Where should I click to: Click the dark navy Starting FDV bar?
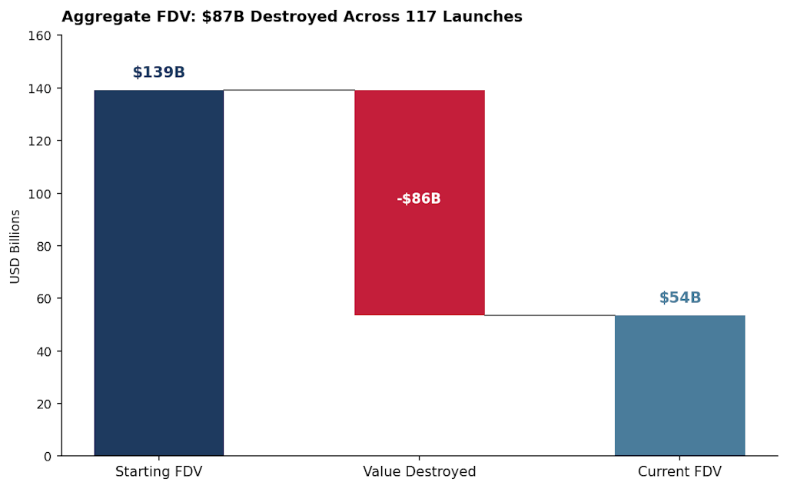pyautogui.click(x=158, y=273)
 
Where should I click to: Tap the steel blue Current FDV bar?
pyautogui.click(x=679, y=385)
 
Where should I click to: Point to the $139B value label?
pyautogui.click(x=158, y=72)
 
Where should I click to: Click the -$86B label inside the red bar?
pyautogui.click(x=419, y=199)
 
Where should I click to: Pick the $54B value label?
pyautogui.click(x=679, y=298)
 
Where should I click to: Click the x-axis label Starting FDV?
pyautogui.click(x=158, y=472)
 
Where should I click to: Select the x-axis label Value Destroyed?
pyautogui.click(x=420, y=472)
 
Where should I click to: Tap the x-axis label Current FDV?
pyautogui.click(x=679, y=472)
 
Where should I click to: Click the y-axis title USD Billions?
pyautogui.click(x=15, y=246)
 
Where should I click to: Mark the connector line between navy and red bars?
pyautogui.click(x=289, y=90)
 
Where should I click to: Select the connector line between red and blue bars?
pyautogui.click(x=550, y=315)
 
